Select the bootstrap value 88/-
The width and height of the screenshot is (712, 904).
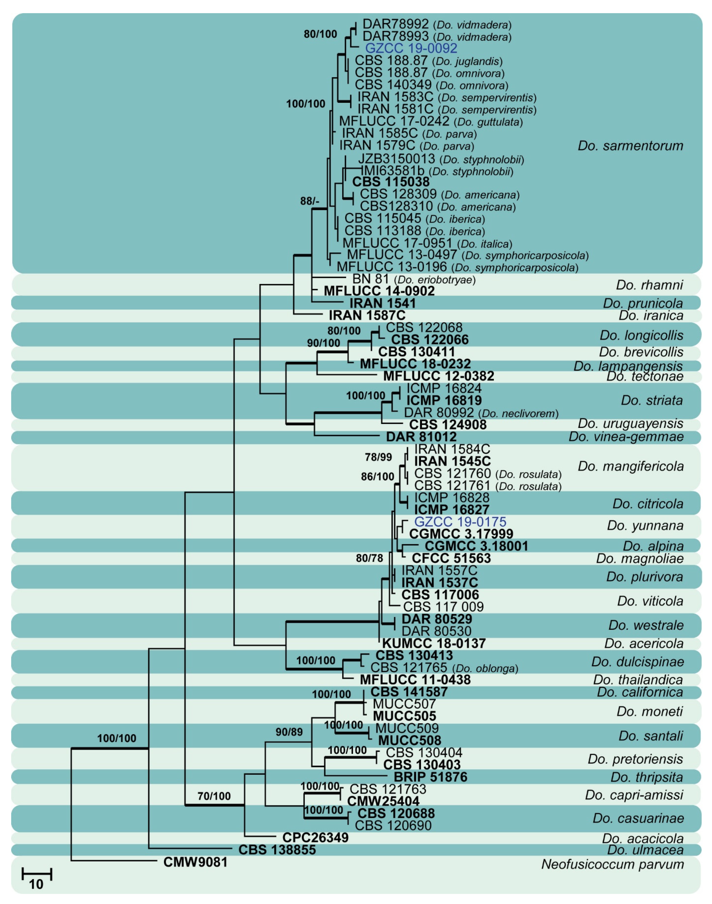click(x=309, y=201)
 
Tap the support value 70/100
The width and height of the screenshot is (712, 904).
click(x=214, y=796)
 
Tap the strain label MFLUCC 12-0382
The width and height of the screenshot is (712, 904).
click(x=439, y=376)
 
